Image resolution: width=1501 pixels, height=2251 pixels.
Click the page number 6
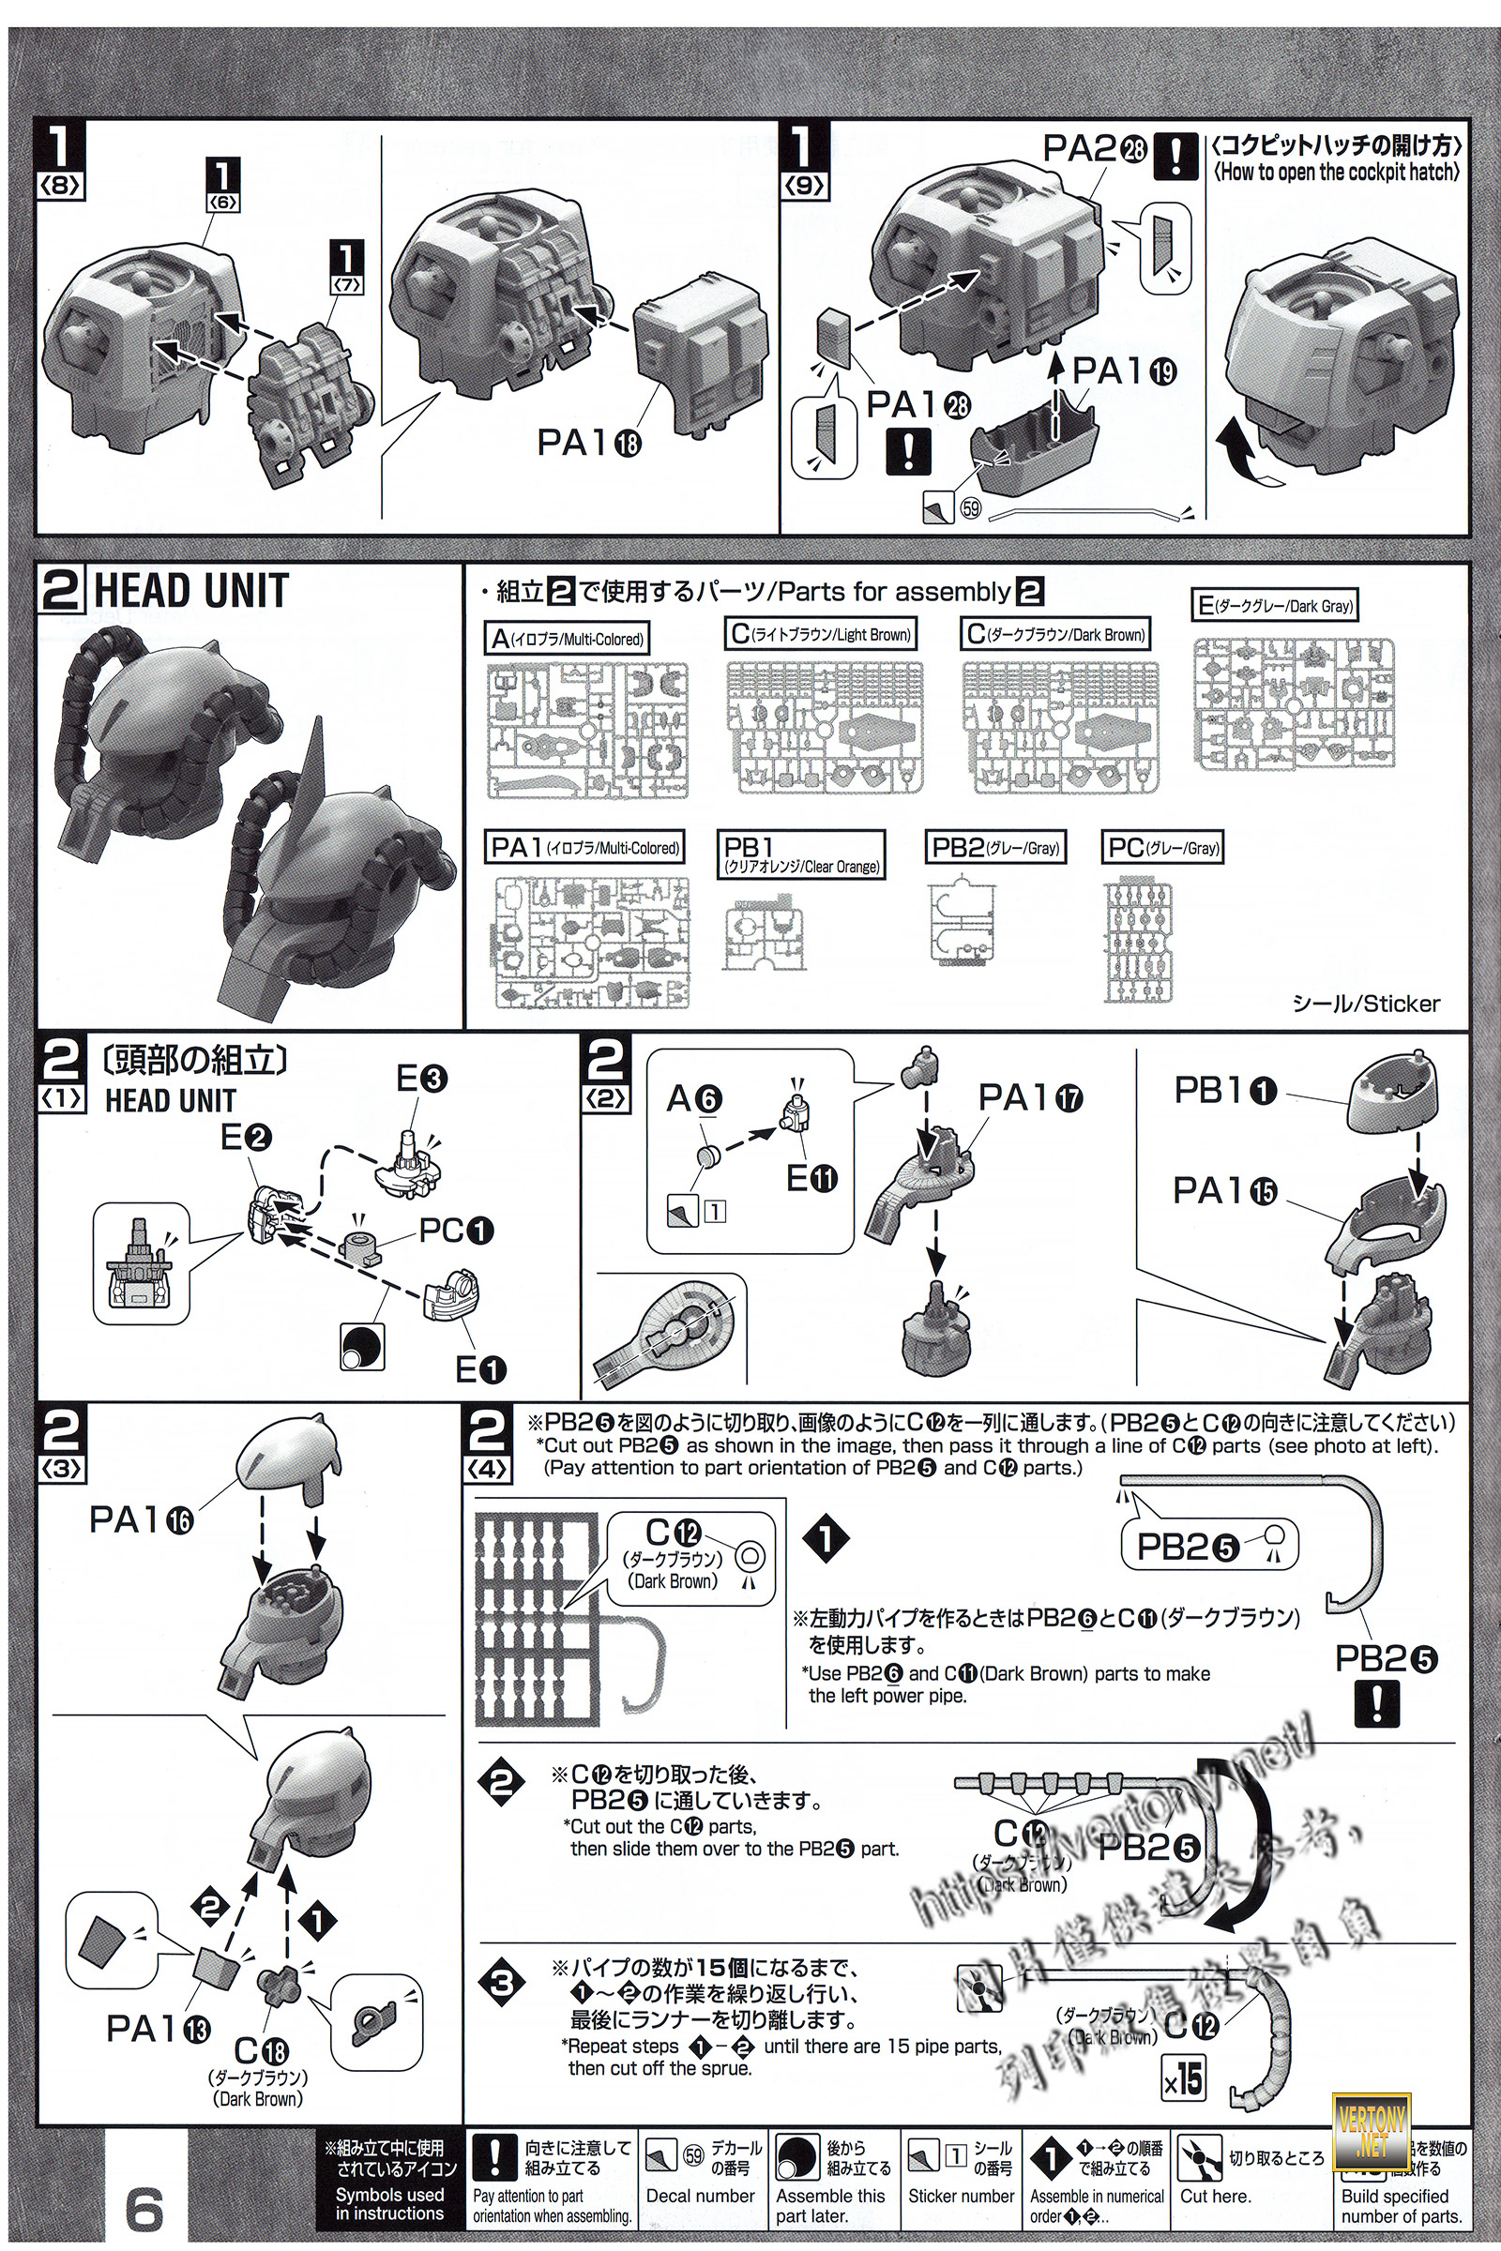[144, 2207]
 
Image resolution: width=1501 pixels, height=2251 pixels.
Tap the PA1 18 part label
[588, 442]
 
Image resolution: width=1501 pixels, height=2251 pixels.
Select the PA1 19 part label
[1123, 371]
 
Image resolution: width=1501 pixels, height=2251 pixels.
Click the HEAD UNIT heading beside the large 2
[190, 591]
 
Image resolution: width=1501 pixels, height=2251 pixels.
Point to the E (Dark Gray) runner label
[1276, 605]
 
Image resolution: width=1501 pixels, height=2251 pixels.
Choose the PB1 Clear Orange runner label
[801, 854]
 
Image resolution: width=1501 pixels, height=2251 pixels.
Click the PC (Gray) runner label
[1164, 847]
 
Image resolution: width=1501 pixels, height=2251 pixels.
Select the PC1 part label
[456, 1231]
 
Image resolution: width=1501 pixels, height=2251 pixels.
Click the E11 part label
[811, 1180]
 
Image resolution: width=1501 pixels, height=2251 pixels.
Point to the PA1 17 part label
[1030, 1097]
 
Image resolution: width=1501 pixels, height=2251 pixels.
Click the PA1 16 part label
[141, 1518]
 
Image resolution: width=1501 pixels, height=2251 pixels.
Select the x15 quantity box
[1183, 2078]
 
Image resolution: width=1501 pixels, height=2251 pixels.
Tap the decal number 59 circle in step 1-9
[971, 508]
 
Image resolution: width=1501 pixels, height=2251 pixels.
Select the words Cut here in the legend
[1215, 2196]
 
